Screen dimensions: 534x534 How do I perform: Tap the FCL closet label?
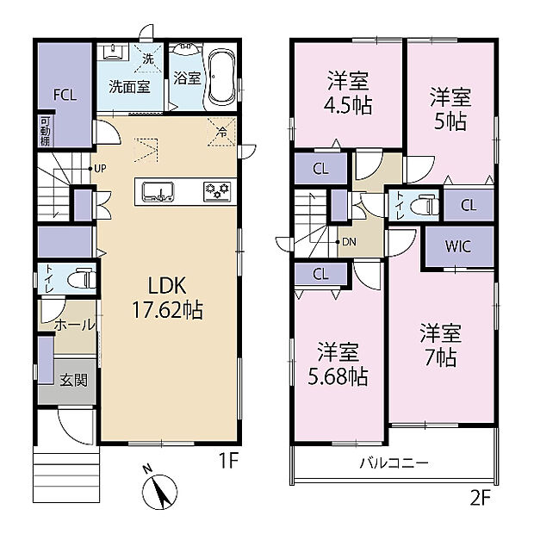click(65, 96)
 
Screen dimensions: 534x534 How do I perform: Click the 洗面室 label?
click(129, 86)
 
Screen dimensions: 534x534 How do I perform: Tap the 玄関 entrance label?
click(73, 380)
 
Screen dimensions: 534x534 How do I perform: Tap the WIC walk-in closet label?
click(457, 245)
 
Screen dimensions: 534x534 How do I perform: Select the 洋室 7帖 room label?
click(441, 343)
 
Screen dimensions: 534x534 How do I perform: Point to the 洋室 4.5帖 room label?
click(348, 94)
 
